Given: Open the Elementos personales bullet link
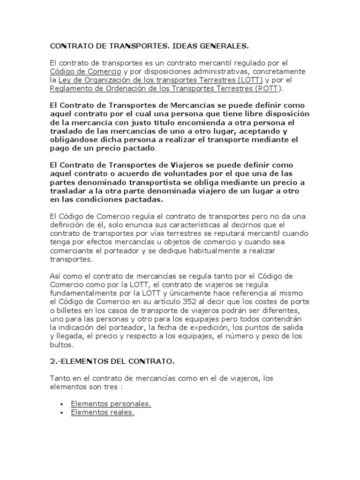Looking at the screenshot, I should [111, 403].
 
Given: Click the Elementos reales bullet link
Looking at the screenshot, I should [102, 412].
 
